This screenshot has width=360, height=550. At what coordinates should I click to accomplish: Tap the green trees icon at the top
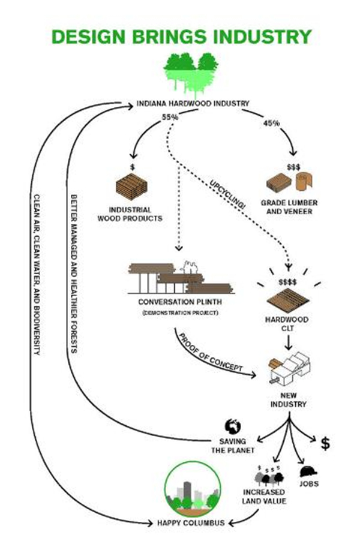coord(191,72)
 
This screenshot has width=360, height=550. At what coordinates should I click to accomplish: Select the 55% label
coord(170,116)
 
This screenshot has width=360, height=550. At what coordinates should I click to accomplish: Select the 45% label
coord(272,124)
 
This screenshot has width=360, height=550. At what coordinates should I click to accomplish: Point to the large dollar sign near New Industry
coord(325,443)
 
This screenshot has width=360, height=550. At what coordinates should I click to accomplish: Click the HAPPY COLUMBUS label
coord(191,522)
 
